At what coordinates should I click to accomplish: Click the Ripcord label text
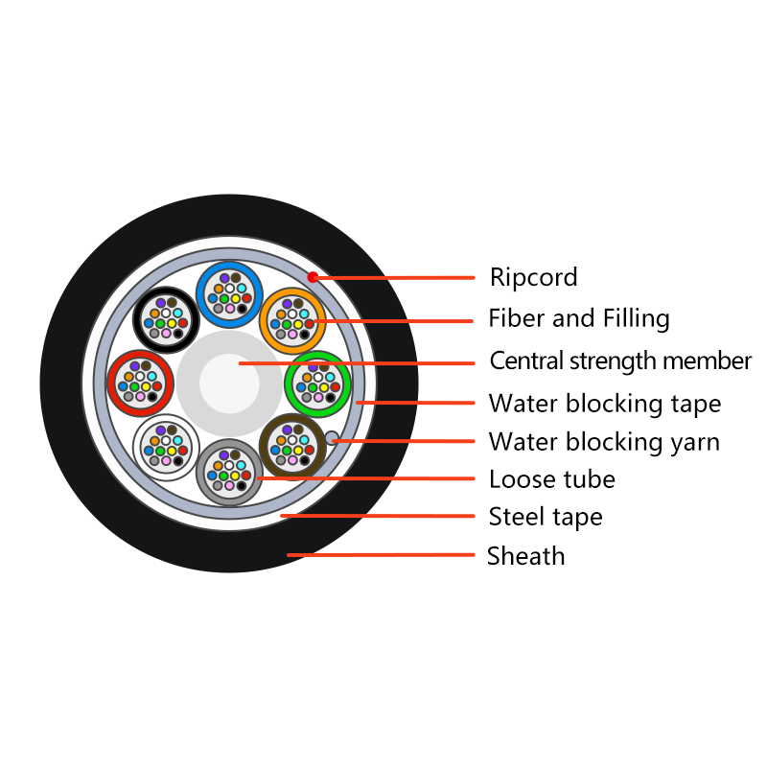click(534, 277)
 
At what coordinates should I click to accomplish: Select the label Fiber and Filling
click(579, 318)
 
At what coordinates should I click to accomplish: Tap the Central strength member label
click(620, 361)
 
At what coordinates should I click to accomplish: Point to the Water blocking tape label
click(605, 404)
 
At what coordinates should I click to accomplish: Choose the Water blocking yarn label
click(604, 442)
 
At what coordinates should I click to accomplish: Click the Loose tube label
click(552, 478)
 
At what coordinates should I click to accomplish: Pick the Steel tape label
click(546, 517)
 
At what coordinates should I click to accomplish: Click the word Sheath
click(525, 556)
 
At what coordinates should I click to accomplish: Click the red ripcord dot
click(313, 277)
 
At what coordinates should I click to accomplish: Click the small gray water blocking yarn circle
click(332, 437)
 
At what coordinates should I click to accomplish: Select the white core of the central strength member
click(229, 383)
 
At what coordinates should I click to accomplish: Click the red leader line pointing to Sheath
click(381, 555)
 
